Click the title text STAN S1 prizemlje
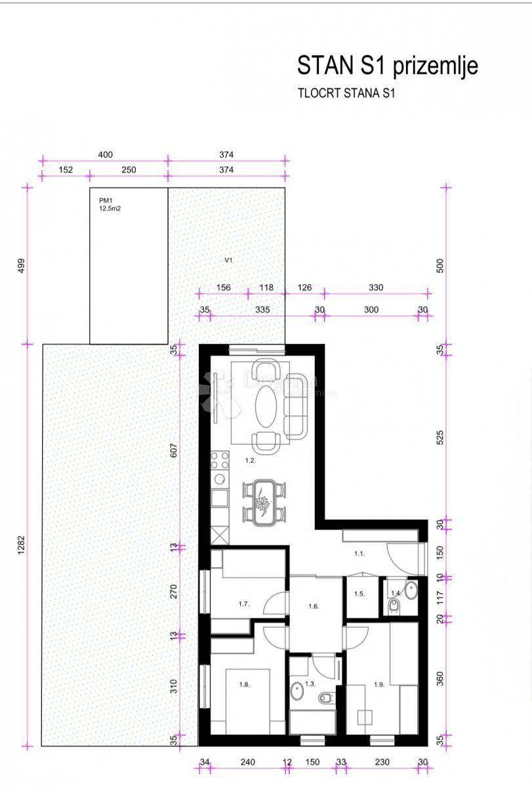tap(387, 66)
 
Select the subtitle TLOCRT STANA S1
tap(346, 93)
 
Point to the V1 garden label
tap(229, 260)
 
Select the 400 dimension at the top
tap(105, 155)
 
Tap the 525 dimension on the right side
tap(441, 437)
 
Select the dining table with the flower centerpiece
tap(264, 502)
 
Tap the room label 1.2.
tap(251, 461)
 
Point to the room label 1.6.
tap(314, 607)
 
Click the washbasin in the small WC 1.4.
tap(411, 590)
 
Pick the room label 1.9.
tap(379, 685)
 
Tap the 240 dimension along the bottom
tap(247, 762)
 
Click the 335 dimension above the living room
tap(263, 310)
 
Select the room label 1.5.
tap(359, 594)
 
